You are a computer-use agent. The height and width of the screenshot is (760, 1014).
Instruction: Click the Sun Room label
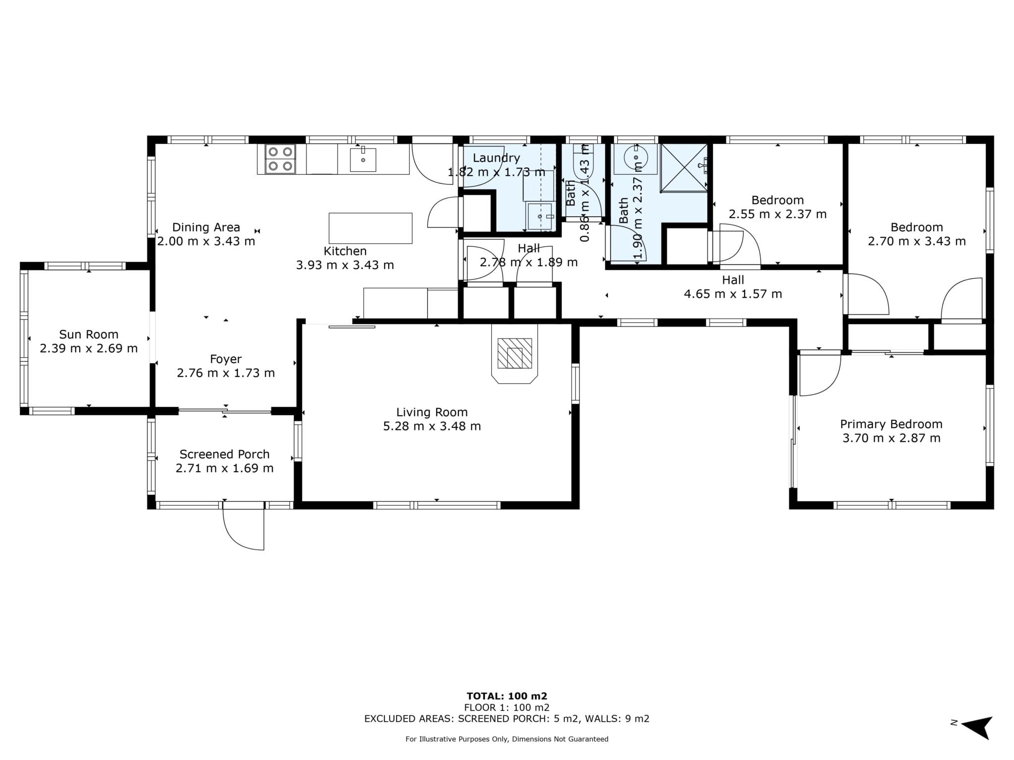pos(89,334)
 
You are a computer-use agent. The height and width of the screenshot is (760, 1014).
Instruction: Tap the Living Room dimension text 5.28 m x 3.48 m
pos(432,426)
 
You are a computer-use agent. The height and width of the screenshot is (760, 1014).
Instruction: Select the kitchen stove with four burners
pos(280,159)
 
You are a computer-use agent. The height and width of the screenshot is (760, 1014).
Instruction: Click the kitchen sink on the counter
pos(363,159)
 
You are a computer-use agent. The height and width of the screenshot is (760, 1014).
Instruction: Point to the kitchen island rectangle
pos(370,228)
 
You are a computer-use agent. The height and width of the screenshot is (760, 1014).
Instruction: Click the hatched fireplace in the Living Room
pos(514,353)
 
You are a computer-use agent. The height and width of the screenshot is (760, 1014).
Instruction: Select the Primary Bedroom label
pos(891,424)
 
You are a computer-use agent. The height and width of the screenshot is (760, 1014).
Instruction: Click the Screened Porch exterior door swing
pos(243,526)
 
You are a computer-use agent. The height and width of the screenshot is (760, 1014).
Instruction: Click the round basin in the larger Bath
pos(635,159)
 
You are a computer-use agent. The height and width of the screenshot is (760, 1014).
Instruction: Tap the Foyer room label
pos(226,359)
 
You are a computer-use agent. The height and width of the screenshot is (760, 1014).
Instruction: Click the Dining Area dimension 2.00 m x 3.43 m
pos(206,241)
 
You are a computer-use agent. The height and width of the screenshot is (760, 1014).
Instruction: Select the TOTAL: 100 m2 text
pos(507,696)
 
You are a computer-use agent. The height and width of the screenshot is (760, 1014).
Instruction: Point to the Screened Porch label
pos(224,454)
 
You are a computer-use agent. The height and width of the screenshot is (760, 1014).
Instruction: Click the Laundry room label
pos(496,158)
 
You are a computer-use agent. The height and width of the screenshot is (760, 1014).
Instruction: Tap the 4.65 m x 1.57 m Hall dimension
pos(733,294)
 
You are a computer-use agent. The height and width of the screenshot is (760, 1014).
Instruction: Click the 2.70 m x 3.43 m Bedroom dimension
pos(916,241)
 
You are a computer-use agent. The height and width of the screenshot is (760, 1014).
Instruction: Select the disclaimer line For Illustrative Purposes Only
pos(507,739)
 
